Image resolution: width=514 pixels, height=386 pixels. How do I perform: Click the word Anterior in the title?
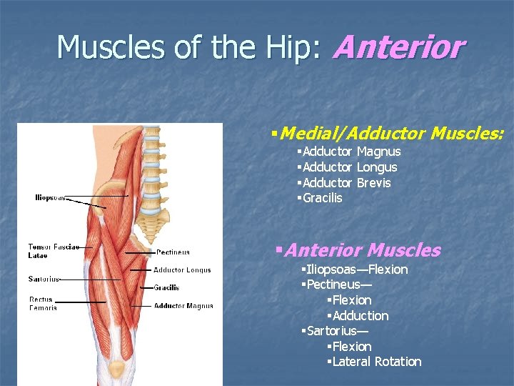click(398, 49)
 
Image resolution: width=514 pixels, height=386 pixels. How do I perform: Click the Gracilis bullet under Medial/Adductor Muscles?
click(322, 198)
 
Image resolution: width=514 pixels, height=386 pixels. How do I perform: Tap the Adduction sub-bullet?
click(361, 316)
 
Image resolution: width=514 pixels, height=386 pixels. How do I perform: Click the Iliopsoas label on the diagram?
click(50, 197)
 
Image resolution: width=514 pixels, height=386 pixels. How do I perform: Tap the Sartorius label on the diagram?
click(44, 279)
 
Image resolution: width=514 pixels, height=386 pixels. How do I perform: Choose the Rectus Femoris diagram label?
click(44, 303)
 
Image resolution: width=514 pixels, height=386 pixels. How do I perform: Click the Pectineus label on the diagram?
click(173, 252)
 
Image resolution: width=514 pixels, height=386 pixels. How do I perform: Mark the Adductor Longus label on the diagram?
click(182, 270)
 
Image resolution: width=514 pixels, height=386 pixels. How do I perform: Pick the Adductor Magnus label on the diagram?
click(183, 306)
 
